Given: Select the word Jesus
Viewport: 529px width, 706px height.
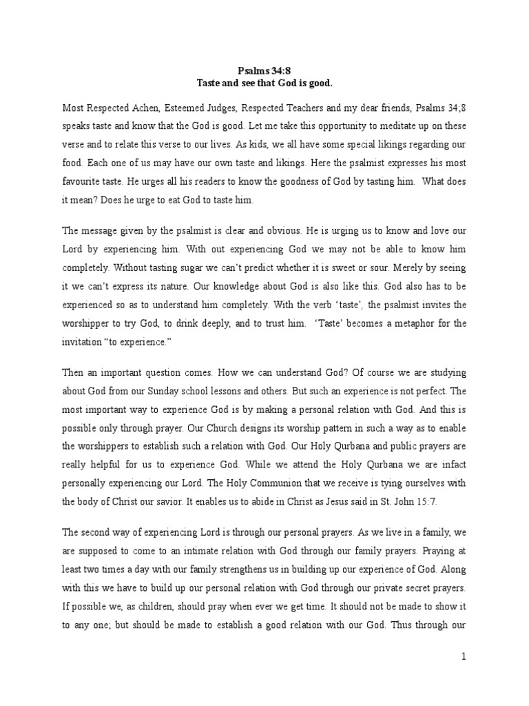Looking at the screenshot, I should point(335,503).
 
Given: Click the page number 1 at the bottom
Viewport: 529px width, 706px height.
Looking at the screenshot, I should point(464,657).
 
